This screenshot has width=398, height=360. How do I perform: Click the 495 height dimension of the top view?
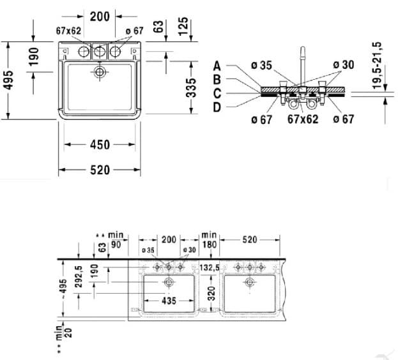(x=10, y=80)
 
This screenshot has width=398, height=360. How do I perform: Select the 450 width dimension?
(x=100, y=146)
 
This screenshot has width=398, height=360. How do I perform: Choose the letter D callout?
(x=217, y=107)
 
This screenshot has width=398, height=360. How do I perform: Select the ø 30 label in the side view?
(x=344, y=64)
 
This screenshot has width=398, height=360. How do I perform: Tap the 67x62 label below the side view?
(x=303, y=119)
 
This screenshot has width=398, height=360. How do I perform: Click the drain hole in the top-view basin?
(x=99, y=72)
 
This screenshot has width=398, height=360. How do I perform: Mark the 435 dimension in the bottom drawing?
(x=169, y=300)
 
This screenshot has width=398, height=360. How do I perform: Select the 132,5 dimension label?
(x=210, y=267)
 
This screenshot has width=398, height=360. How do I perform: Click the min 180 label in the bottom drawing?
(x=209, y=241)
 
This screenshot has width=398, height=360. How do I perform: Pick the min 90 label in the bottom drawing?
(x=116, y=239)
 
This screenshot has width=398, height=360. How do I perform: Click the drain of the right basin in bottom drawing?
(x=249, y=281)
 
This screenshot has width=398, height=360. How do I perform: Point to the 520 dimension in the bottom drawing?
(x=249, y=240)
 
